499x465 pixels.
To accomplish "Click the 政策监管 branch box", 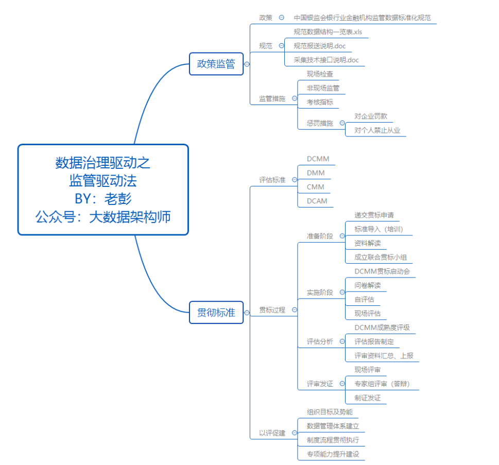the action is coord(216,64).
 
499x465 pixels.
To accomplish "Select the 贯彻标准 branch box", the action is coord(216,313).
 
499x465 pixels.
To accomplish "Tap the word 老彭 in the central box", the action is coord(118,199).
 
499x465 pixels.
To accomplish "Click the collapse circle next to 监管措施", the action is coord(295,98).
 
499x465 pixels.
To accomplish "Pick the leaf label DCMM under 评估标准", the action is coord(318,159).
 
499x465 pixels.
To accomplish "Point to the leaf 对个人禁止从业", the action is coord(377,130).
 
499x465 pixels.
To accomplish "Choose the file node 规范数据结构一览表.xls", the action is coord(328,32).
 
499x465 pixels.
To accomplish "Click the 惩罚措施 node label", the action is coord(320,123).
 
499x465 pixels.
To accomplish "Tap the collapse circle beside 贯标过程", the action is coord(295,309).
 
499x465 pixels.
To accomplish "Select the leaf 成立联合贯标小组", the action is coord(381,257).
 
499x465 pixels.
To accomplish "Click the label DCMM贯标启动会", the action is coord(382,271).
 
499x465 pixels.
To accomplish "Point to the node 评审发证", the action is coord(320,384).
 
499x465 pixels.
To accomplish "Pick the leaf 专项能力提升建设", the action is coord(333,454).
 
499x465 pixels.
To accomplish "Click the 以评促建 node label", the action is coord(272,433).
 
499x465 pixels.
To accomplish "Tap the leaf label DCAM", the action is coord(317,201).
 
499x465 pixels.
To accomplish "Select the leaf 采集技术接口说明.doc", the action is coord(326,60).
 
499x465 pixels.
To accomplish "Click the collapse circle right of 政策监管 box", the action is coord(247,64).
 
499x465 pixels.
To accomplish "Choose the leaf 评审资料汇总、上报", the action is coord(384,356).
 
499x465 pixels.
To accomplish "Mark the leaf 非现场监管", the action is coord(323,88).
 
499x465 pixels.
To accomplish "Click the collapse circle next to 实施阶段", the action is coord(342,292).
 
